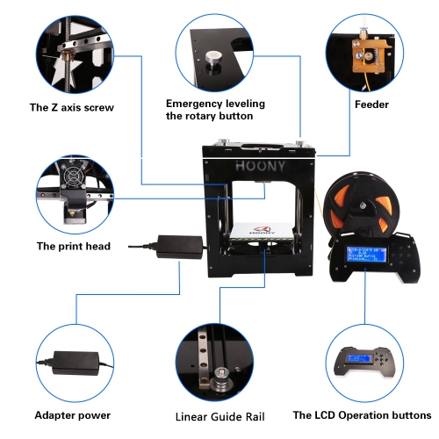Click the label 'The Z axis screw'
click(x=72, y=107)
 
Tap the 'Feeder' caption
click(x=371, y=104)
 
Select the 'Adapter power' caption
click(x=73, y=415)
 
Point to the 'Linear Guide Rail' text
click(x=219, y=417)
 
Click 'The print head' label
click(x=74, y=246)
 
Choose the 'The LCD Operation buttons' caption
click(x=362, y=415)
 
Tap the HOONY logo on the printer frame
click(x=260, y=166)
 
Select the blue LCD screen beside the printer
click(x=366, y=254)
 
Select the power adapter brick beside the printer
click(x=180, y=247)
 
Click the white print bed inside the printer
click(x=261, y=231)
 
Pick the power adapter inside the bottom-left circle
click(x=76, y=363)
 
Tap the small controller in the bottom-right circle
click(x=364, y=363)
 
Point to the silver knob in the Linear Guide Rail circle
click(x=221, y=378)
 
